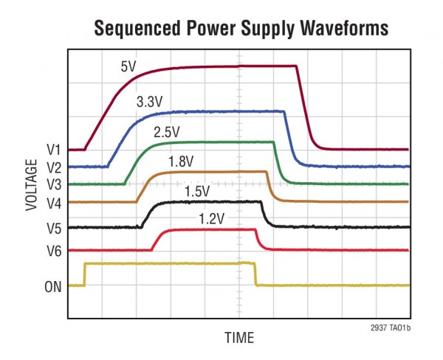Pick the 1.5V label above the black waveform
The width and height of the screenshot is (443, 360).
(197, 191)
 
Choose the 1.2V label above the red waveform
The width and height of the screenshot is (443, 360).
(211, 218)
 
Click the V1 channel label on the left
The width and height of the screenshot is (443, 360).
(53, 150)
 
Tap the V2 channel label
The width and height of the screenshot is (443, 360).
(53, 167)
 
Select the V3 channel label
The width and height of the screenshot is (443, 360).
(53, 184)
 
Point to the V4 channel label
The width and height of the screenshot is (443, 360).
(53, 202)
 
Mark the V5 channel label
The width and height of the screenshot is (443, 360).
(53, 227)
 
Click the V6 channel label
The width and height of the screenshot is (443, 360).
(53, 250)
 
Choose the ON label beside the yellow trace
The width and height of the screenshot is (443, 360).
(53, 285)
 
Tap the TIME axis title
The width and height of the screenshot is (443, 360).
(239, 338)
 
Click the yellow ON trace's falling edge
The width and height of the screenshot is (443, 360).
(255, 274)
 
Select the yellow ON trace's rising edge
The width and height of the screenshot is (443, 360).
(85, 274)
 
